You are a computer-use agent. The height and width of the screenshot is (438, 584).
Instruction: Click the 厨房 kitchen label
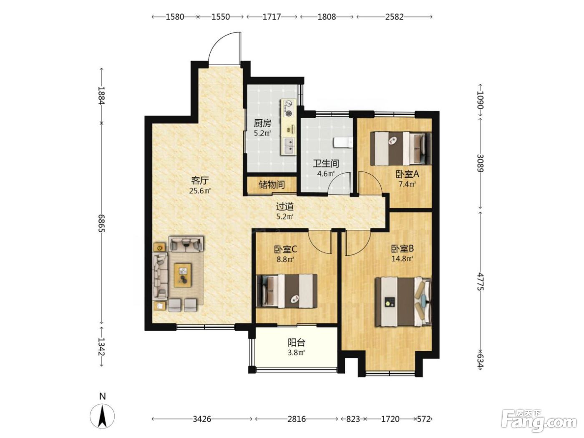coord(262,123)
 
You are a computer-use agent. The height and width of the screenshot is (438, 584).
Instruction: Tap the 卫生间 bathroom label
coord(326,164)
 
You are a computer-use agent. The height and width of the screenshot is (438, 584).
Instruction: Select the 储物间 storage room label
coord(272,184)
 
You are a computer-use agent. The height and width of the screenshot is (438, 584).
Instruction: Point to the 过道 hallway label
coord(284,206)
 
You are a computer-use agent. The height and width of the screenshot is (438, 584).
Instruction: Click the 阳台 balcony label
coord(297,342)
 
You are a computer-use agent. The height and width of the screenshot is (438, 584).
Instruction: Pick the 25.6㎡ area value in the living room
coord(200,191)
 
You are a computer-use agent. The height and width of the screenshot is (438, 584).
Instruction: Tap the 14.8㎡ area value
coord(402,259)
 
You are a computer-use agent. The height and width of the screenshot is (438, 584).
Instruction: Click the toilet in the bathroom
coord(343,143)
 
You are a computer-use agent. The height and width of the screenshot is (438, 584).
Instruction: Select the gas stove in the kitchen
coord(288,108)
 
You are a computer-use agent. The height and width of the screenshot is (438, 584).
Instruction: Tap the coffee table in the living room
coord(183,275)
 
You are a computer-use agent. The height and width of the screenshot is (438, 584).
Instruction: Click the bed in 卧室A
coord(401,149)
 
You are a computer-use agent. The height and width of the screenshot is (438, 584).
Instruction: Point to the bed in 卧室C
coord(287,291)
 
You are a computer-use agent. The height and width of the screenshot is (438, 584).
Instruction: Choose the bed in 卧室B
coord(403,302)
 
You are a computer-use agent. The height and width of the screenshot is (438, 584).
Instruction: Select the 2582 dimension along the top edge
coord(394,17)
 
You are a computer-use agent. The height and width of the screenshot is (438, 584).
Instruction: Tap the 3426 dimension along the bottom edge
coord(202,419)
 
